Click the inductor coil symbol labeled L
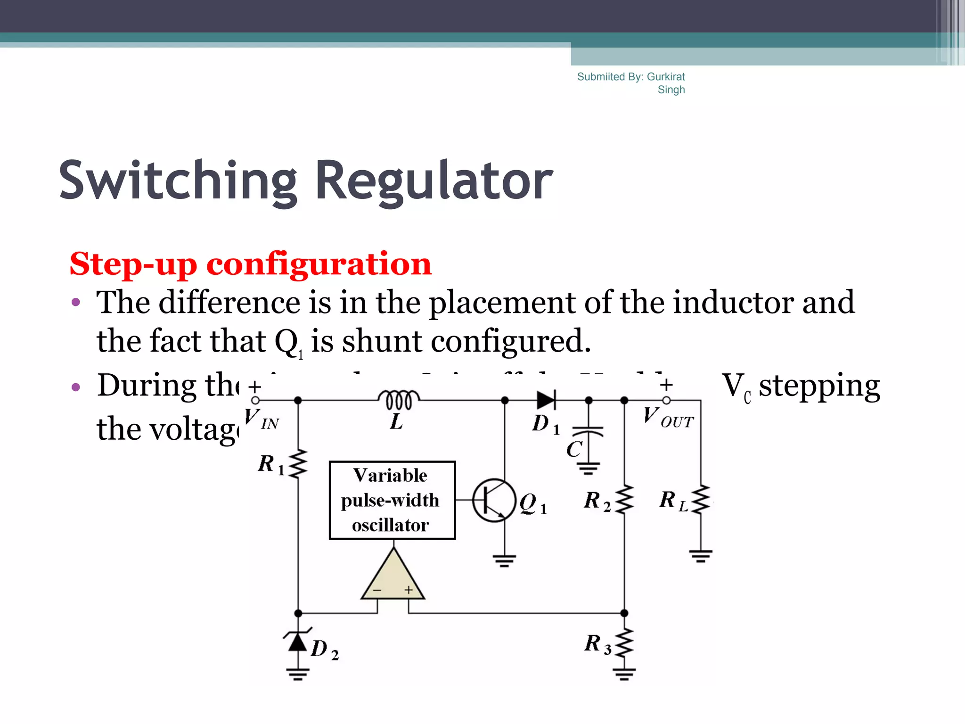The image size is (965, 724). pos(399,399)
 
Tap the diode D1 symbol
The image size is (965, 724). pos(547,400)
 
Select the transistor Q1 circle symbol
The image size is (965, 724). pos(494,501)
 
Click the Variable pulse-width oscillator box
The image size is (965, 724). pos(392,500)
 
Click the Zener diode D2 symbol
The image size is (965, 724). pos(298,642)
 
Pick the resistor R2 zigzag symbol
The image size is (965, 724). pos(625,500)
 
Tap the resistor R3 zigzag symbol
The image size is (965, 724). pos(624,643)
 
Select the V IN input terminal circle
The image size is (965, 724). pos(255,400)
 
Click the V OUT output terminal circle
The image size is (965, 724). pos(666,400)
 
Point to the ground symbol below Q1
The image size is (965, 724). pos(504,561)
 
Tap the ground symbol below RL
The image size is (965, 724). pos(701,556)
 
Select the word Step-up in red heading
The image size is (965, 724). pos(134,264)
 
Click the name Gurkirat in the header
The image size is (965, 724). pos(666,77)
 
